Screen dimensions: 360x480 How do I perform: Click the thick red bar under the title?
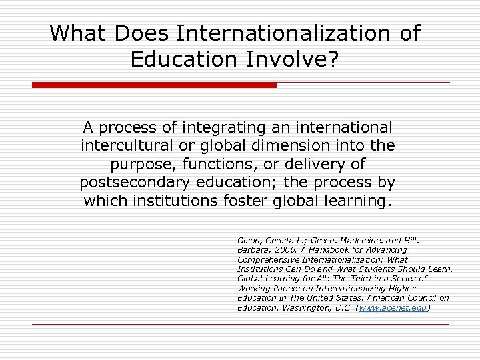pos(154,85)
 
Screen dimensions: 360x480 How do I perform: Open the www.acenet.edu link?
pos(393,308)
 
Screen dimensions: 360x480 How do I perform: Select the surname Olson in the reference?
pos(248,239)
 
